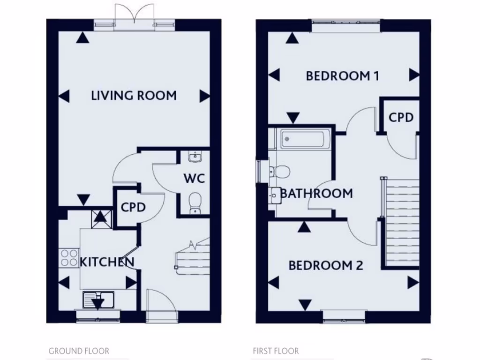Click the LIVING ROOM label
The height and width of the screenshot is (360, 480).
[134, 96]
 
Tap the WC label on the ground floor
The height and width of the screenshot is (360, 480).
[194, 179]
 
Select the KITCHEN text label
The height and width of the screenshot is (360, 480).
[107, 262]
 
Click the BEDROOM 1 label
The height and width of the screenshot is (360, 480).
[342, 76]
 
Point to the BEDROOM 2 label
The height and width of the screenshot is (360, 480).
[325, 266]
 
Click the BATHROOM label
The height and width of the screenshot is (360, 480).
[316, 193]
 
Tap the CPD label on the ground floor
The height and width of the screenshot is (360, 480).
[134, 207]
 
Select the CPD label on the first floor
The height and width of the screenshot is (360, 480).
[401, 117]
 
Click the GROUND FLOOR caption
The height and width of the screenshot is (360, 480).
[79, 351]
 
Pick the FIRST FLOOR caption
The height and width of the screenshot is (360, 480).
[276, 351]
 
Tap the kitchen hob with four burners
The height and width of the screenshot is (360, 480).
[69, 258]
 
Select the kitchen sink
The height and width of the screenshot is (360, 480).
[98, 299]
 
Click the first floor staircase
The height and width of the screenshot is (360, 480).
[401, 223]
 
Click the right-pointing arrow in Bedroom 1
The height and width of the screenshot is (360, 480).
[413, 75]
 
